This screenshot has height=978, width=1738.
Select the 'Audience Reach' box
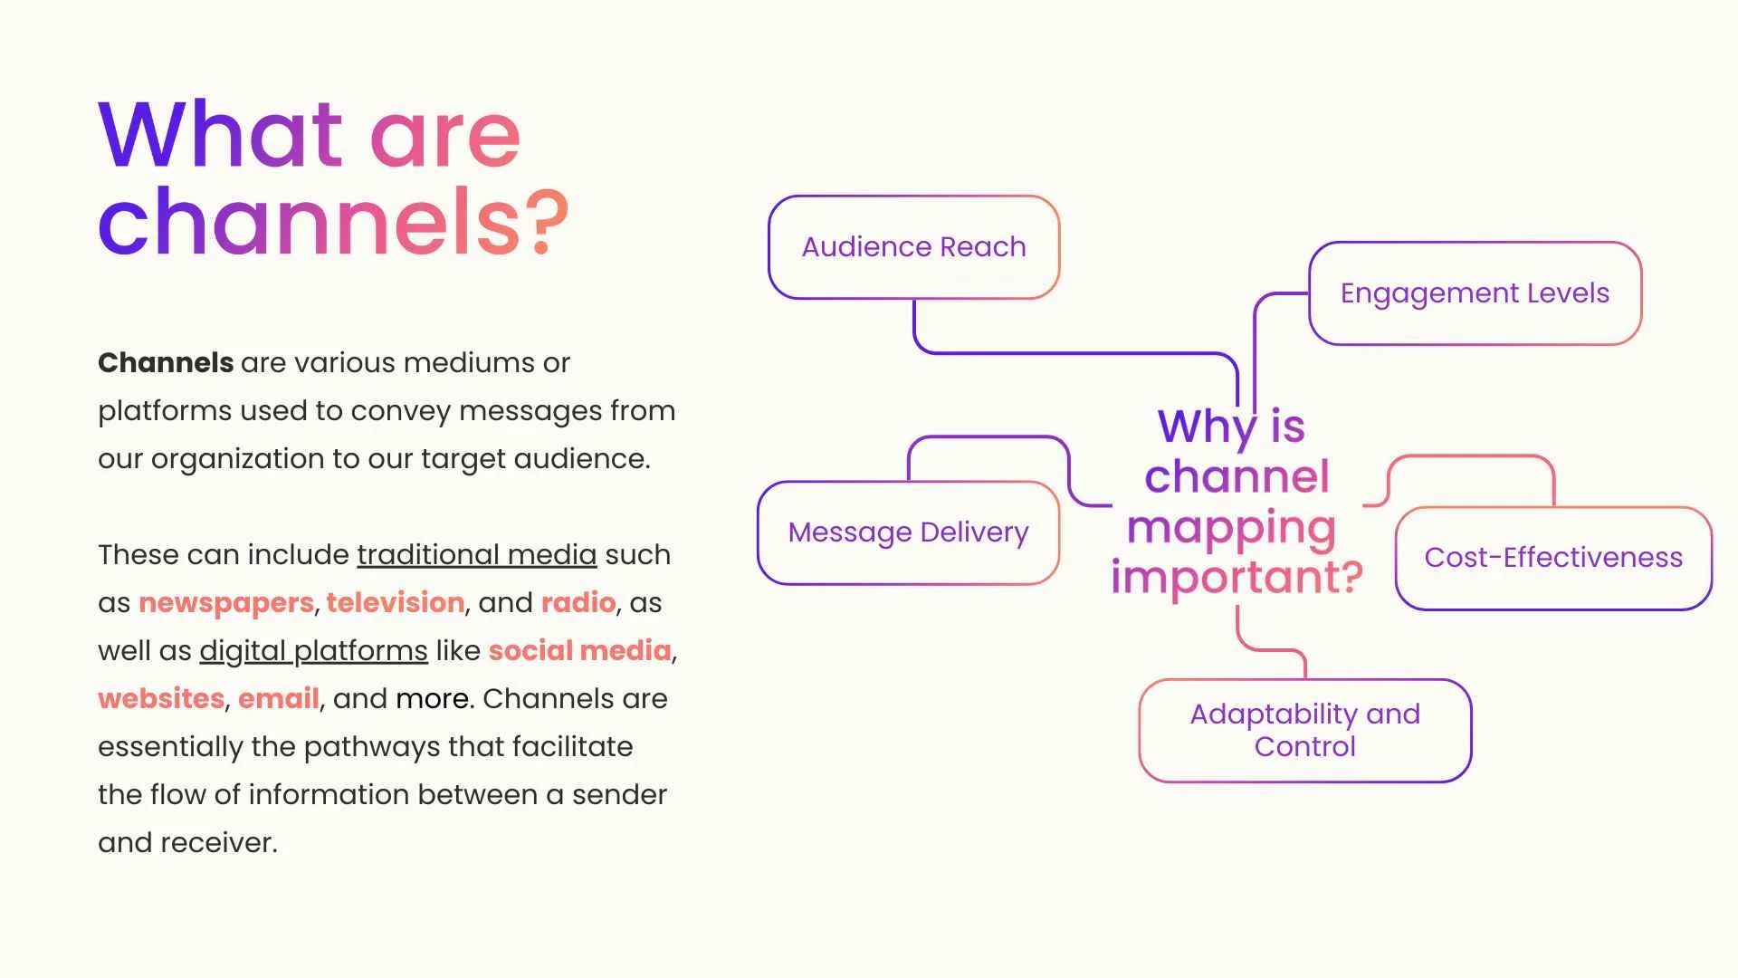click(913, 247)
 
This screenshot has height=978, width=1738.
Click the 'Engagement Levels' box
click(1475, 293)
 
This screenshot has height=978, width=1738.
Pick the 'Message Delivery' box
click(908, 532)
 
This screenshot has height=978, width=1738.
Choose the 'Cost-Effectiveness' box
click(1553, 558)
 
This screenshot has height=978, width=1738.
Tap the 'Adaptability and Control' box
click(1304, 730)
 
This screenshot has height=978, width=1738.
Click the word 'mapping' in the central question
click(1231, 528)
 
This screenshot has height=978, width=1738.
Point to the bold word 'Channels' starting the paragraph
click(166, 363)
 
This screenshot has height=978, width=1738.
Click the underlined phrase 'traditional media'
click(477, 554)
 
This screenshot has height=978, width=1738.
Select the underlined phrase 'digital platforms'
click(313, 650)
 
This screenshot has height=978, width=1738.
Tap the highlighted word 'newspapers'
click(226, 602)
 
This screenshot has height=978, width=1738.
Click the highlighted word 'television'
click(396, 602)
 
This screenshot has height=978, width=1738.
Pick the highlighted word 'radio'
click(578, 602)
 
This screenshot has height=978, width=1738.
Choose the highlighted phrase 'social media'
click(580, 650)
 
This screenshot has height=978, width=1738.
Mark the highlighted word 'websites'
click(161, 698)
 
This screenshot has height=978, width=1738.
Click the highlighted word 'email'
click(279, 698)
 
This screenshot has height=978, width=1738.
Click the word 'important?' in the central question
click(1237, 577)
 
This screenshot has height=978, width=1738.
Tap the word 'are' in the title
click(445, 135)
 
